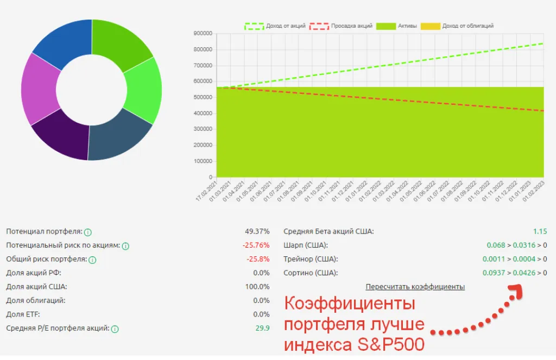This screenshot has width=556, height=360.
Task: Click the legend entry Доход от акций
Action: coord(275,26)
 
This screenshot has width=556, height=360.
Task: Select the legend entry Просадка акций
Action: coord(341,26)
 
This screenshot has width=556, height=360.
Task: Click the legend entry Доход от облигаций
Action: coord(460,26)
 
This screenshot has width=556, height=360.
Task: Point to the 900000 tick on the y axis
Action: coord(203,34)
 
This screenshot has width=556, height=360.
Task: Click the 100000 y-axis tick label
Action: coord(203,161)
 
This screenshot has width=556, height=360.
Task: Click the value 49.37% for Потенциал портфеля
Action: coord(257,231)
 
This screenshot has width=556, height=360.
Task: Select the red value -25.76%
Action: coord(256,245)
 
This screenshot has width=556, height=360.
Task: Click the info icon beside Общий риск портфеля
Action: coord(92,260)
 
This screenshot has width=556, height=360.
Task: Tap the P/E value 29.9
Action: coord(263,328)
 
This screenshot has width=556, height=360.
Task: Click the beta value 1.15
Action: coord(540,231)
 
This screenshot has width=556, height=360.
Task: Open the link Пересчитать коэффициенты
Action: coord(415,287)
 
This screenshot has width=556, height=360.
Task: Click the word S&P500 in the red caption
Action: coord(389,344)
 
